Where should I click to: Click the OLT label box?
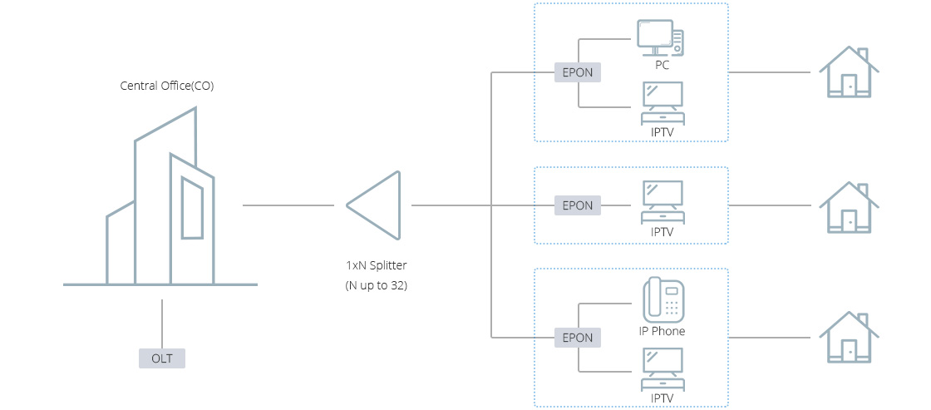pyautogui.click(x=161, y=358)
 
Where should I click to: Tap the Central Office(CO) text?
pyautogui.click(x=167, y=85)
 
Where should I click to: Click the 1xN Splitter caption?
pyautogui.click(x=377, y=266)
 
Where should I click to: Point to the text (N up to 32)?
pyautogui.click(x=377, y=285)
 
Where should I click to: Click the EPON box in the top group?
pyautogui.click(x=578, y=72)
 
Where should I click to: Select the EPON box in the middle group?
pyautogui.click(x=578, y=205)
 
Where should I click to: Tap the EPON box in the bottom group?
pyautogui.click(x=578, y=338)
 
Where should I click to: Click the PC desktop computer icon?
pyautogui.click(x=661, y=37)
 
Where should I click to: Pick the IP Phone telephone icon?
pyautogui.click(x=663, y=299)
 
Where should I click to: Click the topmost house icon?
pyautogui.click(x=849, y=73)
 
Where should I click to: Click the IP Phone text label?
pyautogui.click(x=662, y=331)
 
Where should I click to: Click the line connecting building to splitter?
pyautogui.click(x=288, y=205)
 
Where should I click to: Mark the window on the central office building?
pyautogui.click(x=192, y=208)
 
